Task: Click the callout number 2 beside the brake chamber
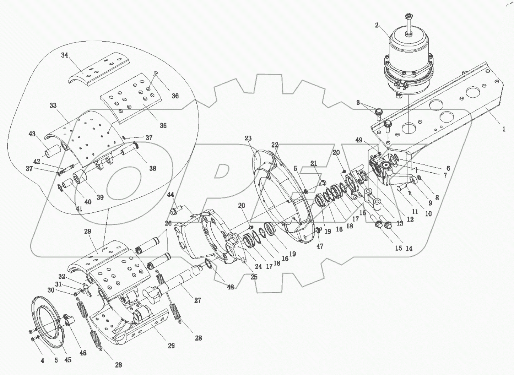coord(377,25)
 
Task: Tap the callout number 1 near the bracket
coord(504,129)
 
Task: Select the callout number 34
coord(64,55)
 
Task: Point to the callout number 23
coord(248,138)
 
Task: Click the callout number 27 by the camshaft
coord(198,300)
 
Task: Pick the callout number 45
coord(67,360)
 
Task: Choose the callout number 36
coord(175,96)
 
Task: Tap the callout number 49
coord(359,140)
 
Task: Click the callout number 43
coord(32,134)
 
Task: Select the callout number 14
coord(409,249)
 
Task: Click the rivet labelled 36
coord(156,74)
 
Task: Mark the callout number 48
coord(231,287)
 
